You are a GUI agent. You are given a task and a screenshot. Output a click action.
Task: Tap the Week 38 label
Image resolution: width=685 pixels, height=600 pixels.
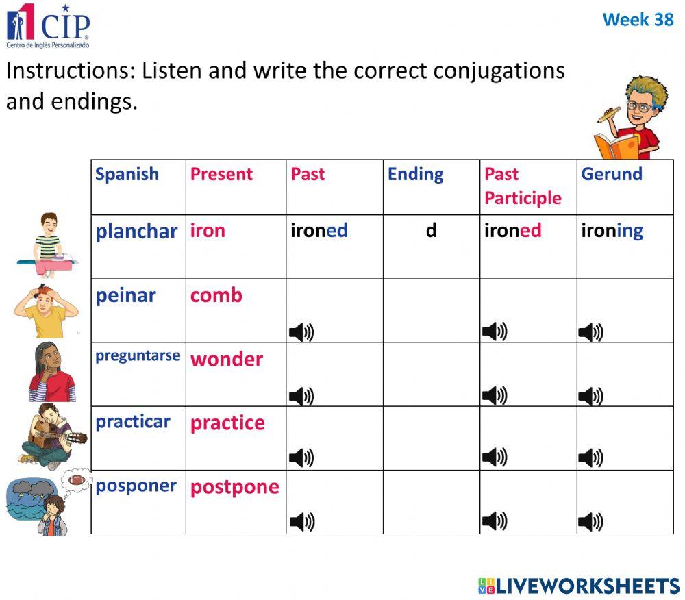638,20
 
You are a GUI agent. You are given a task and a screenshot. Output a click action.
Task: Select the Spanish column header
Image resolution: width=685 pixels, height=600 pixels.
127,174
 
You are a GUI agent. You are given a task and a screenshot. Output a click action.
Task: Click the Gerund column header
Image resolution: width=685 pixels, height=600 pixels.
611,174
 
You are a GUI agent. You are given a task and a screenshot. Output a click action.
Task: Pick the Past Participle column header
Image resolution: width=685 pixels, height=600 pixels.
523,186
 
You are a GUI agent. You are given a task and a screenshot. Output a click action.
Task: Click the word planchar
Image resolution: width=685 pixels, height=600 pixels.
136,231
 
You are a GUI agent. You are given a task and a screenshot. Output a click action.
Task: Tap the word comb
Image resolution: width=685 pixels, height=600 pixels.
216,295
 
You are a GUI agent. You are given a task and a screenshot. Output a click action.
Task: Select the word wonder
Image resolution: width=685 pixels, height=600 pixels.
226,359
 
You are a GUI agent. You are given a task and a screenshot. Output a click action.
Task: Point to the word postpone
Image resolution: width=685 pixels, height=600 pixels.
234,487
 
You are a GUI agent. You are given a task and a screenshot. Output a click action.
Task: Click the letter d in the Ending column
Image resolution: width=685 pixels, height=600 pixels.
431,231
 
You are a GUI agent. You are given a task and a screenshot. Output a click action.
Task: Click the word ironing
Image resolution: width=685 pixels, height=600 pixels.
612,231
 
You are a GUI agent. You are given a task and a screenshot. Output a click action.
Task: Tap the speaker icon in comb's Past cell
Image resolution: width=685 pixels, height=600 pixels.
301,333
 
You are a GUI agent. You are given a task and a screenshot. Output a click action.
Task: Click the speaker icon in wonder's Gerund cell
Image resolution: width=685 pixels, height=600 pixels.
590,396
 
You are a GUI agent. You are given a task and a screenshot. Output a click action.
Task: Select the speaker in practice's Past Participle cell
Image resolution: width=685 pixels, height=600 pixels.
494,458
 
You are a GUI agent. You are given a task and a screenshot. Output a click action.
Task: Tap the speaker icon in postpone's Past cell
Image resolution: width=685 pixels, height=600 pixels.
301,522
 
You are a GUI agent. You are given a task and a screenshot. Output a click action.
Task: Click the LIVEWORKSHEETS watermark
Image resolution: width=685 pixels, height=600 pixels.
579,586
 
